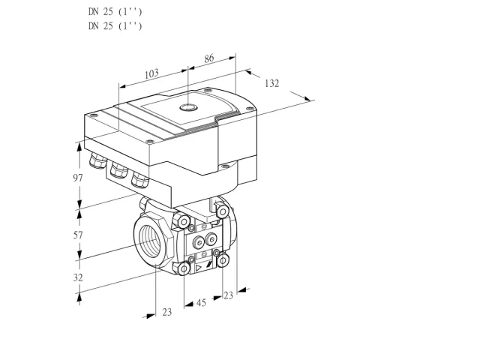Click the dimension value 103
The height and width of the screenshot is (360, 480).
point(151,73)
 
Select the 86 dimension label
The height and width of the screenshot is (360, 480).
point(208,58)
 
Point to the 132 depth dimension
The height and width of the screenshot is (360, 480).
point(271,83)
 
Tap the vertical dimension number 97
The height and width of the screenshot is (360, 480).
point(78,178)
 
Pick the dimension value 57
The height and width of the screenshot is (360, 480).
point(78,235)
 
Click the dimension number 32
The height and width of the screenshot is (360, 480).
point(78,277)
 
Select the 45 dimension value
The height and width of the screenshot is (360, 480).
point(201,303)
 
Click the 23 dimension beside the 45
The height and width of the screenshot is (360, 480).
point(228,295)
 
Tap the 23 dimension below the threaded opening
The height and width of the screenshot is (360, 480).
point(166,312)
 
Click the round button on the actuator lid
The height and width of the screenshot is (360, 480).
point(188,107)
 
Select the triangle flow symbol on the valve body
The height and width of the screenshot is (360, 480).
point(199,268)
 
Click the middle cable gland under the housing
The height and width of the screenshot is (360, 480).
point(118,169)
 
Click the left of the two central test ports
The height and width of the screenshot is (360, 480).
point(199,243)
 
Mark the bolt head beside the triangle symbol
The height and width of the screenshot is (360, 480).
point(184,269)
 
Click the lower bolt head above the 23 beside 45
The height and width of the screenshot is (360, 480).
point(223,260)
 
